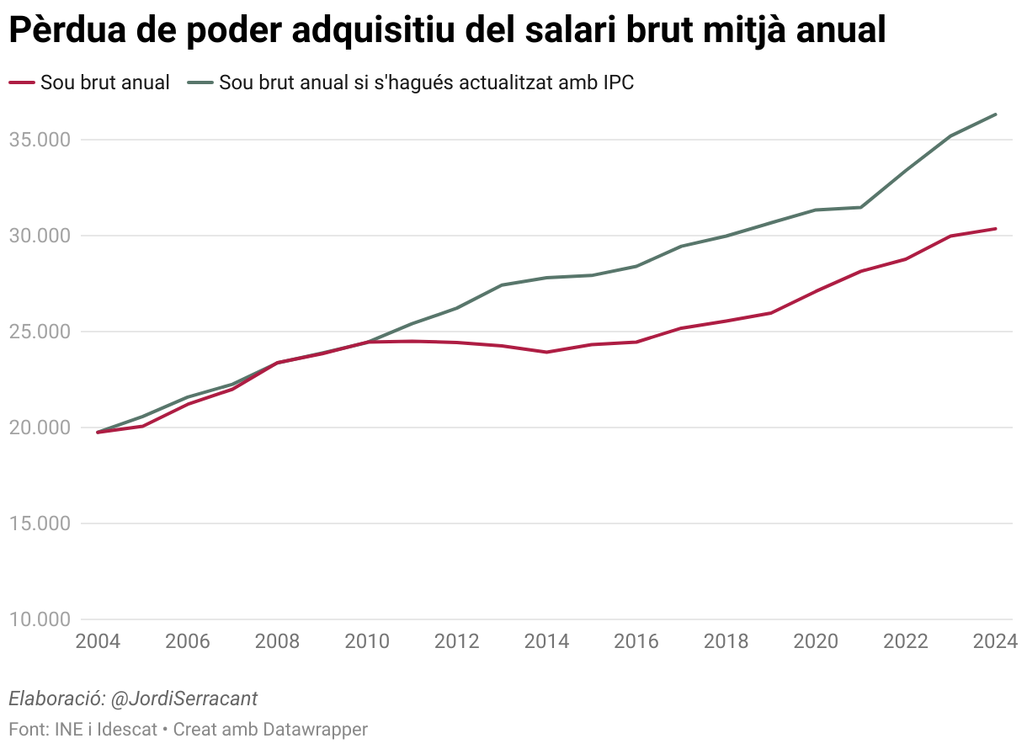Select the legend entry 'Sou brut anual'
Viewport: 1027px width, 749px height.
[105, 82]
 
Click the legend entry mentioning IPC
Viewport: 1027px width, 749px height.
[426, 82]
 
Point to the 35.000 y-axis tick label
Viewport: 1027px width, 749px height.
[40, 140]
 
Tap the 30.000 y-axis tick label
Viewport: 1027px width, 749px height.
[40, 236]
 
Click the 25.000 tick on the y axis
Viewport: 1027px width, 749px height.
[40, 332]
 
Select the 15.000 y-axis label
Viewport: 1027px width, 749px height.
[40, 523]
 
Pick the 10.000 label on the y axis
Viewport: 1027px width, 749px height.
[40, 620]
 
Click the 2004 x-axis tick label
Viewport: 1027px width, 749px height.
[98, 641]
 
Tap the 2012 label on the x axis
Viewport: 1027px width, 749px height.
[457, 641]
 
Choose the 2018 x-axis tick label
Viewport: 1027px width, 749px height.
[726, 641]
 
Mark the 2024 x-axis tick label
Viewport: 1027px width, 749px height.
[995, 641]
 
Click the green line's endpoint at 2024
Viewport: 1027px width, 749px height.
[996, 114]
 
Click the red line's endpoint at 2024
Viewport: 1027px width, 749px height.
[996, 228]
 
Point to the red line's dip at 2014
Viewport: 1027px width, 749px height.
[547, 352]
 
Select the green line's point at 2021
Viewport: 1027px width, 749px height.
[861, 207]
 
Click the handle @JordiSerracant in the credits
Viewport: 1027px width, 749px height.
[184, 699]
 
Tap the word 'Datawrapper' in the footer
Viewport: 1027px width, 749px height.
[316, 729]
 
